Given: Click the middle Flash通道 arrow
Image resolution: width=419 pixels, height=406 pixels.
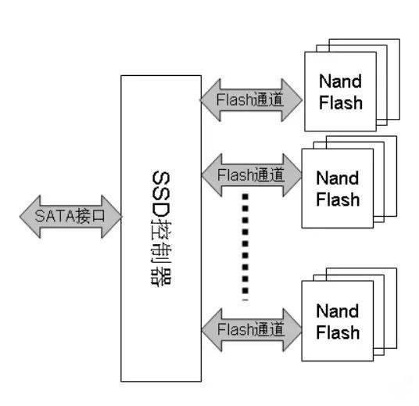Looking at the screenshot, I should coord(251,172).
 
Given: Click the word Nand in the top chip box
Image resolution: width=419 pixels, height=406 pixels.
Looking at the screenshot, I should coord(338,81).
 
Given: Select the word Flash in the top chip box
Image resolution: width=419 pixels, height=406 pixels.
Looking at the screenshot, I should coord(338,102).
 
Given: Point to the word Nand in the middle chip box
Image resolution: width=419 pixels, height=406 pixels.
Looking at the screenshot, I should coord(338,178).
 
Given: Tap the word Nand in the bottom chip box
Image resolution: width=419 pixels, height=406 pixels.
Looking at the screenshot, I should coord(338,311).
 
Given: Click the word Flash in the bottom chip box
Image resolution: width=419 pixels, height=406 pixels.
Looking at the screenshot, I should coord(338,332).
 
